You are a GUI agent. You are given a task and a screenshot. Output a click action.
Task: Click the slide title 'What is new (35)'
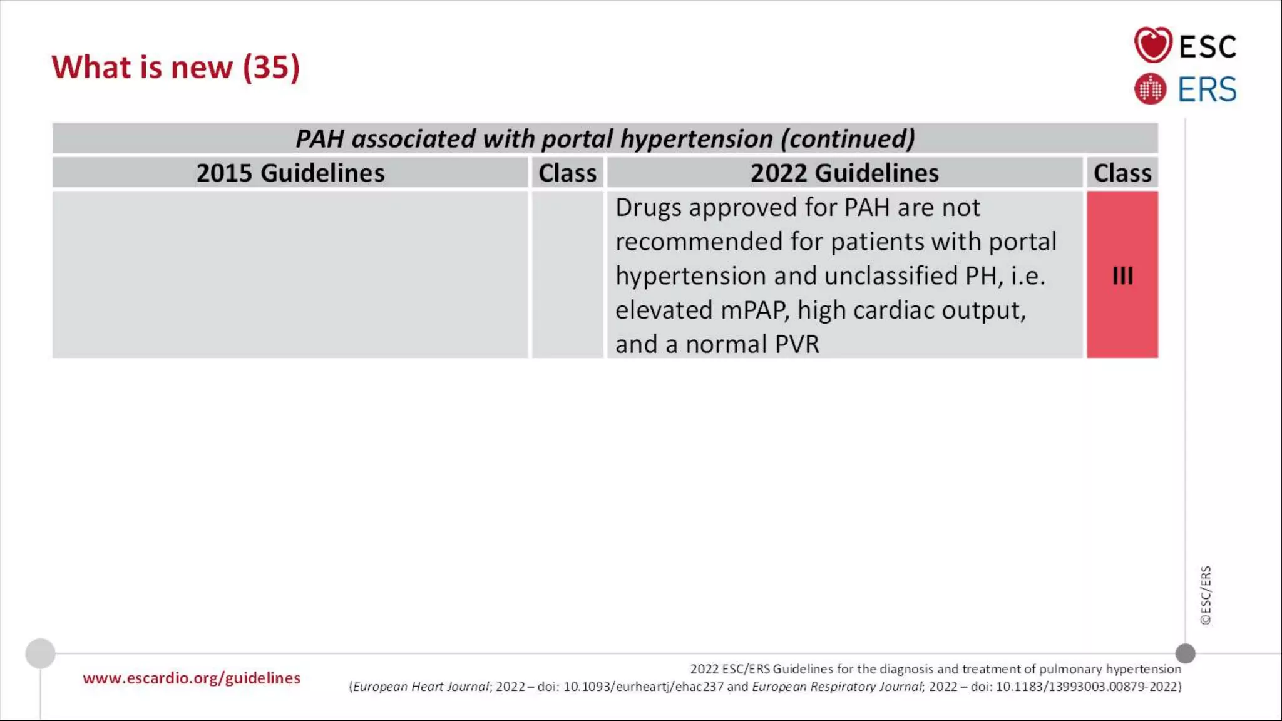[176, 67]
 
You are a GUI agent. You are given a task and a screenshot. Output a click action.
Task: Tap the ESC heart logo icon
[1152, 44]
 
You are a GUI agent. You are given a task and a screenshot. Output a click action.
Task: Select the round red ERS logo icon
[1150, 89]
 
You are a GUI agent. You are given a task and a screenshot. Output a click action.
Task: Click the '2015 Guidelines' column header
[290, 173]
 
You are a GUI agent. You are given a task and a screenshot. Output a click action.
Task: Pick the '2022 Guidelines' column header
[844, 173]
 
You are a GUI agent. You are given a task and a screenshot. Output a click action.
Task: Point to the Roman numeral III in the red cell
[1122, 275]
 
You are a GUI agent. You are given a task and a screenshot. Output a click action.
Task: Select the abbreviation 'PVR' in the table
[796, 344]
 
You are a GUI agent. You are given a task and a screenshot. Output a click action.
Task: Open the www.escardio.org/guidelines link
[192, 678]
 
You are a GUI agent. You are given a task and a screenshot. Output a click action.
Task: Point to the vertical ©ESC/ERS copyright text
[1206, 595]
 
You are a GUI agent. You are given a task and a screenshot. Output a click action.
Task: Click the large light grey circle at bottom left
[41, 653]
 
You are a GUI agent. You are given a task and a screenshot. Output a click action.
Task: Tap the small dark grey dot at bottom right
[1185, 653]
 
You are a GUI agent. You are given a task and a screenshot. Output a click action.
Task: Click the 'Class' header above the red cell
[1122, 173]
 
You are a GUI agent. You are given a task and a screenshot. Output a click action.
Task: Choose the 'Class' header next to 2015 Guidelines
[567, 173]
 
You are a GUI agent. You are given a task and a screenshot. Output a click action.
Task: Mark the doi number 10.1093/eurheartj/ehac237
[644, 687]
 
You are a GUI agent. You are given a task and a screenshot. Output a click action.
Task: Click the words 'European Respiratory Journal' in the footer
[837, 687]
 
